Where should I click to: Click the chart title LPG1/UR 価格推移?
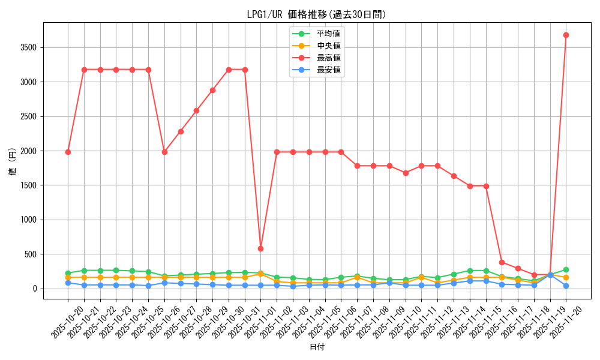[x=316, y=14]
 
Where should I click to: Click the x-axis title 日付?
[x=316, y=347]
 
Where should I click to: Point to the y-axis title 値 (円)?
[x=13, y=162]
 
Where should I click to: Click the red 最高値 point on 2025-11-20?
[x=566, y=35]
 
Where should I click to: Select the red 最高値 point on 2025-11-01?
[x=260, y=248]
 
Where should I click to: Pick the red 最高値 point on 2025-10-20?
[x=68, y=152]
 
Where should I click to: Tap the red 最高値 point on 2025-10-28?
[x=196, y=110]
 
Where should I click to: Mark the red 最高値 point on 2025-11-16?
[x=502, y=262]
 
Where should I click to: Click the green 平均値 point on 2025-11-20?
[x=566, y=270]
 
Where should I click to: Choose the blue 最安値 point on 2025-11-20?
[x=566, y=286]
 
